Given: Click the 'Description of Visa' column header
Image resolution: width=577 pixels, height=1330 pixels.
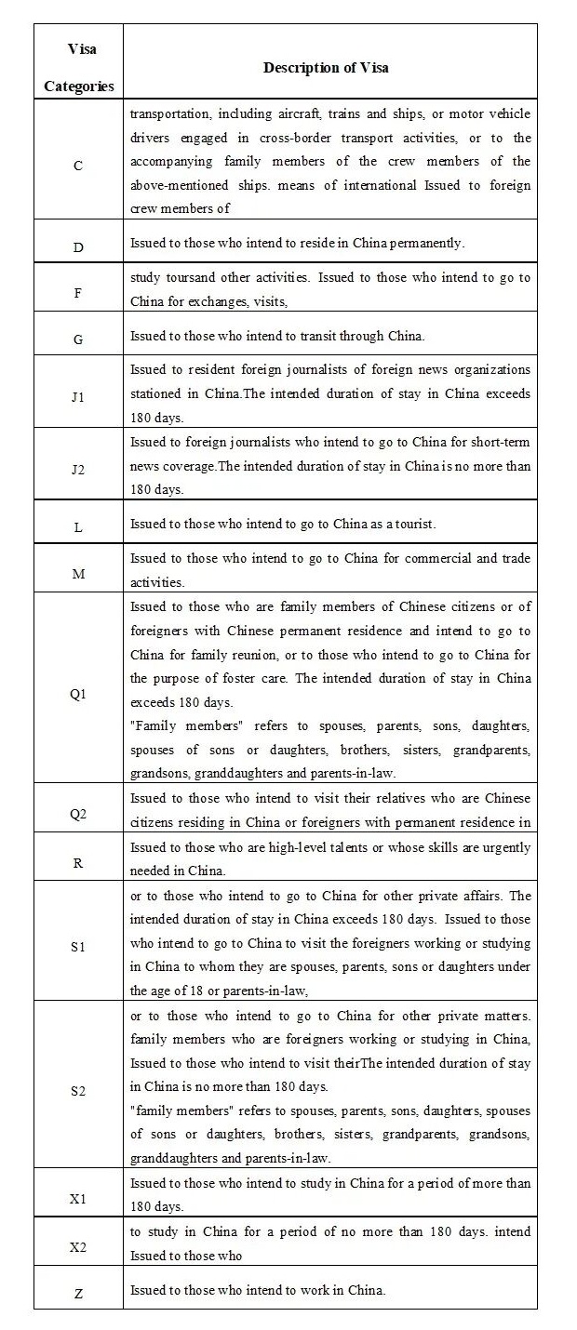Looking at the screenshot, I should [326, 68].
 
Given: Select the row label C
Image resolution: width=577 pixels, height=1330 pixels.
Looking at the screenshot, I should [78, 166].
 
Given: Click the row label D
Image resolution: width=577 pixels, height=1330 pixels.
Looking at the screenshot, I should [78, 248].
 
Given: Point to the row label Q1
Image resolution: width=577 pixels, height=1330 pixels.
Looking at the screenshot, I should [78, 695].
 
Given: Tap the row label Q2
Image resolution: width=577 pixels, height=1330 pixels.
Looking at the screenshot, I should [78, 814].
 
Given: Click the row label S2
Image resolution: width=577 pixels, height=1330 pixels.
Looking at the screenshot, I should [78, 1091].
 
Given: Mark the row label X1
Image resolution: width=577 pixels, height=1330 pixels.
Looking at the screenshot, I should [78, 1199].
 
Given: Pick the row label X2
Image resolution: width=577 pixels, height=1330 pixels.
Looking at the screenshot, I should [78, 1247].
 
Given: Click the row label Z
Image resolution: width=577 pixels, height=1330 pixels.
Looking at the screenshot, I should [78, 1294].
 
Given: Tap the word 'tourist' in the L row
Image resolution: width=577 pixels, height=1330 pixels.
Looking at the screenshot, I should [413, 524].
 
